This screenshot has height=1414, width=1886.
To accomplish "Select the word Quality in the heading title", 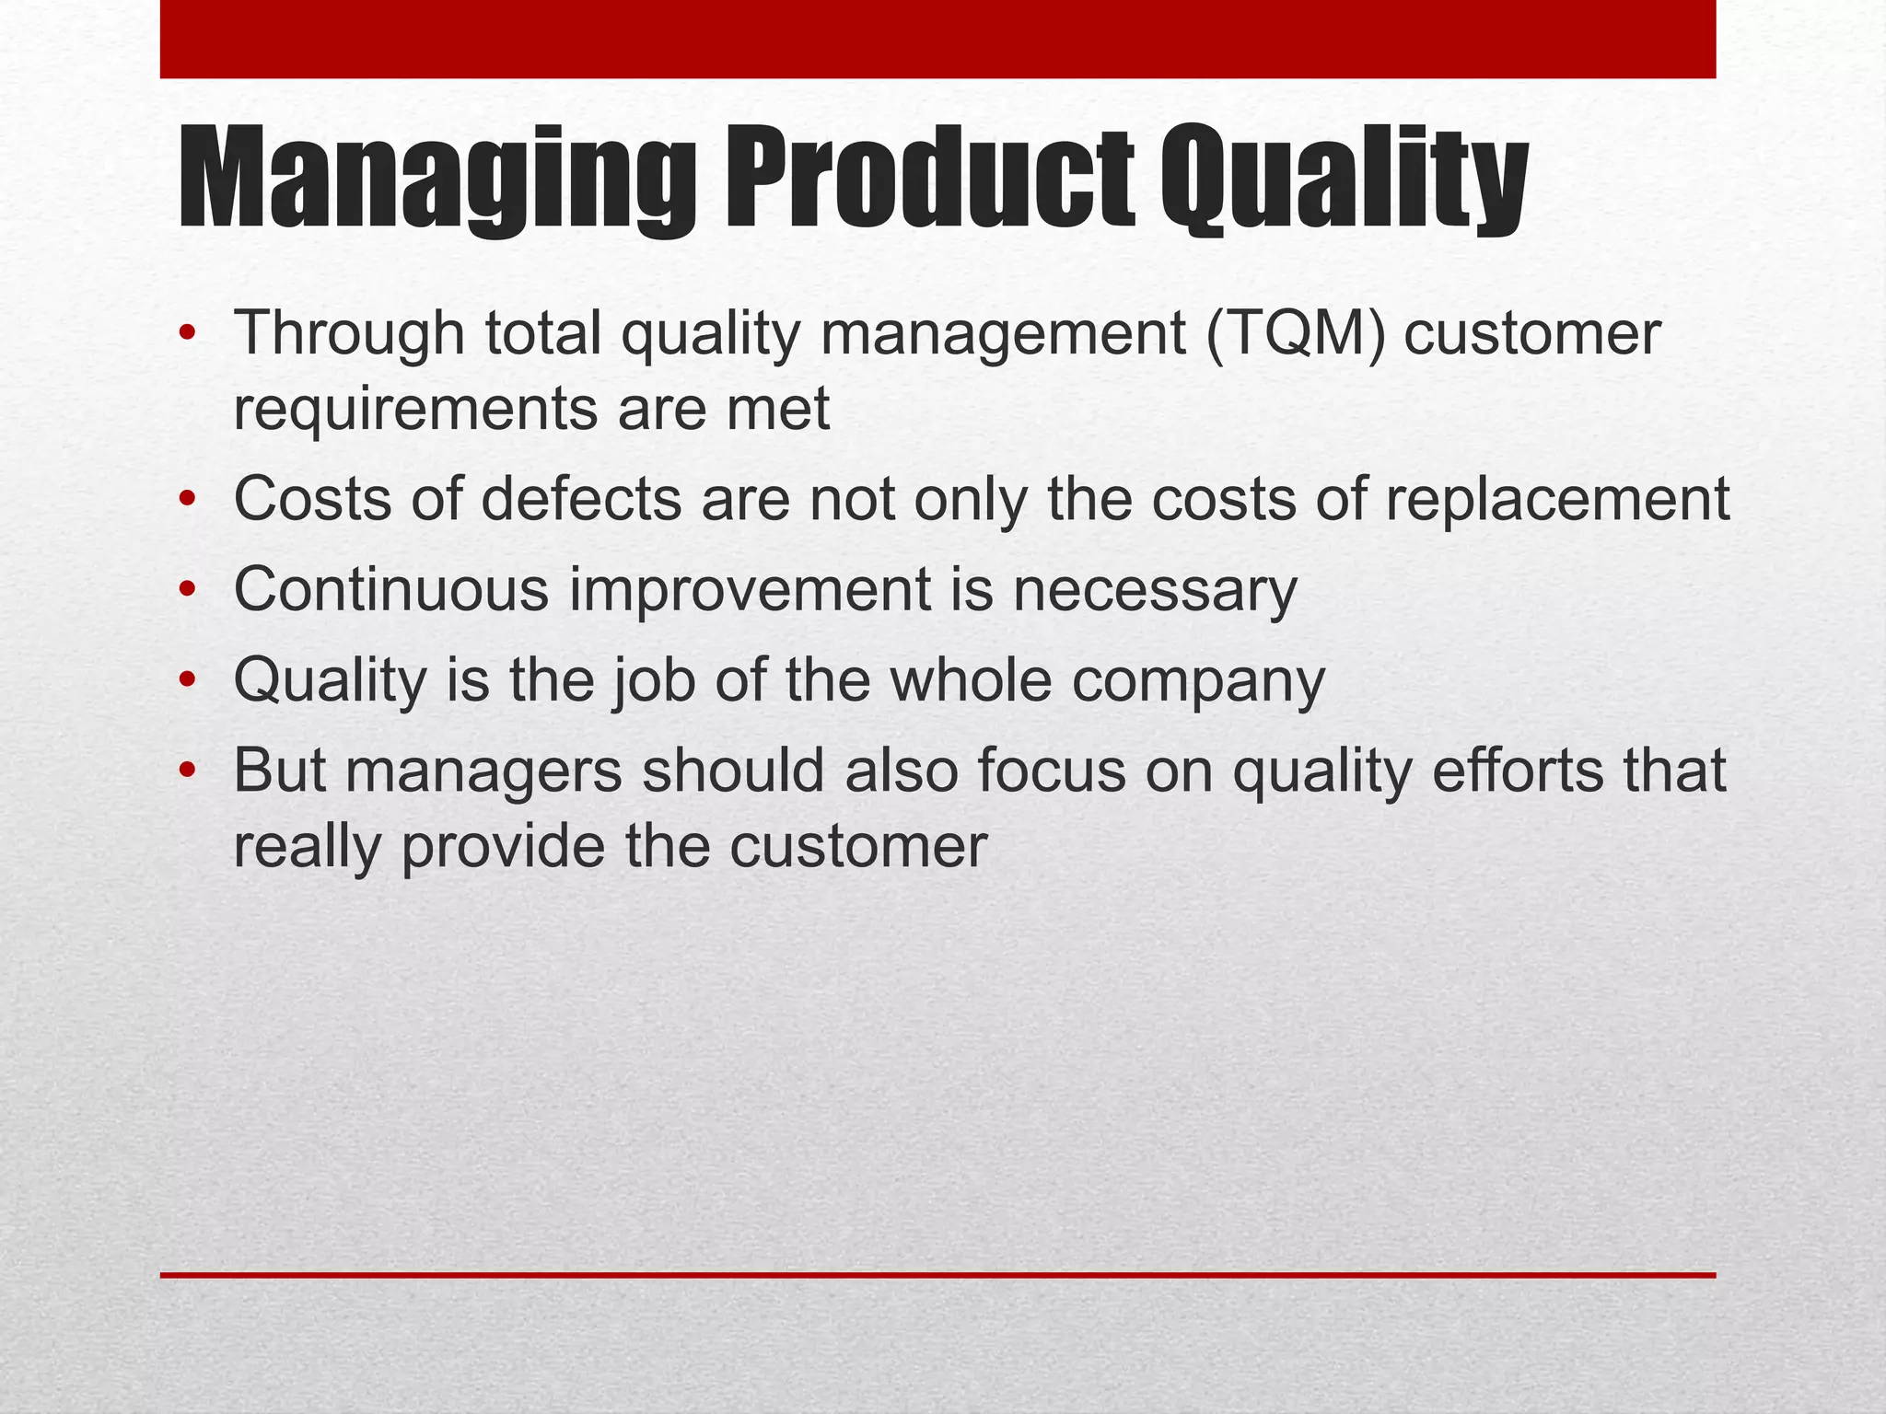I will [x=1344, y=180].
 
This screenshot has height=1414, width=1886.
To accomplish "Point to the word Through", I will [x=349, y=335].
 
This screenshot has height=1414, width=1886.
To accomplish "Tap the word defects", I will [x=580, y=499].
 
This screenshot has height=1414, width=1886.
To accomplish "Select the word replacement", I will [x=1557, y=501].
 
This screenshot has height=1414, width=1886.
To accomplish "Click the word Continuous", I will [x=391, y=589].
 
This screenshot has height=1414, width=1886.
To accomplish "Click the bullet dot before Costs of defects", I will [x=188, y=501].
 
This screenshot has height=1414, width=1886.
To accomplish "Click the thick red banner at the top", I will [x=937, y=39].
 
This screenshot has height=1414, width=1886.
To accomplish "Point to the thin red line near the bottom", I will [x=937, y=1275].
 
